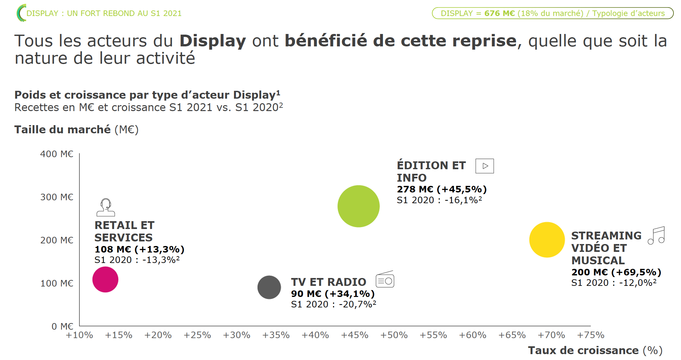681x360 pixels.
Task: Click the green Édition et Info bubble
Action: click(x=358, y=206)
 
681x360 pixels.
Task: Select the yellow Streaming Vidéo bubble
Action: click(x=547, y=240)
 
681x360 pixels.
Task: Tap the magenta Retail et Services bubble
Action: click(x=105, y=279)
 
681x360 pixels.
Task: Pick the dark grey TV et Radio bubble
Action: click(x=269, y=287)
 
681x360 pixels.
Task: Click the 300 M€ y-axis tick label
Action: click(x=57, y=197)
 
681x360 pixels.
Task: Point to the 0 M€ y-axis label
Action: click(x=62, y=326)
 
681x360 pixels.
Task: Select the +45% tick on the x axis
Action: click(x=355, y=335)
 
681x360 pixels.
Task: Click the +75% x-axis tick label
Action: click(x=590, y=335)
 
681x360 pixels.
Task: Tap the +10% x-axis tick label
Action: click(x=79, y=335)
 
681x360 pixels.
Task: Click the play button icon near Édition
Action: click(x=485, y=166)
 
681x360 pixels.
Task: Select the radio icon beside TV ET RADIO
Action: click(x=385, y=280)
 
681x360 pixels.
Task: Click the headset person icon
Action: click(x=106, y=207)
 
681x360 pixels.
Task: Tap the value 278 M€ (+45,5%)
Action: click(x=441, y=189)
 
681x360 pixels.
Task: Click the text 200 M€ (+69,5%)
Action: click(x=616, y=272)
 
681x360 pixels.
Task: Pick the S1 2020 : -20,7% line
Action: click(x=333, y=304)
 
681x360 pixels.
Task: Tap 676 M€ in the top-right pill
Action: click(x=499, y=13)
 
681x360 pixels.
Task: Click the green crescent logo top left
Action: click(x=21, y=13)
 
